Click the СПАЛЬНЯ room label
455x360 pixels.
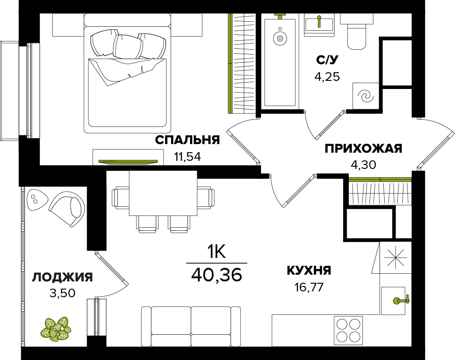[x=187, y=140]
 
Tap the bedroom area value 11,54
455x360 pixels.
[x=187, y=157]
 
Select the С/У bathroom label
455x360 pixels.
[x=327, y=60]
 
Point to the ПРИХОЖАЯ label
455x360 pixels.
[x=363, y=148]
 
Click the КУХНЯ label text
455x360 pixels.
[x=309, y=271]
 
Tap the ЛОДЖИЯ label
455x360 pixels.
[x=62, y=277]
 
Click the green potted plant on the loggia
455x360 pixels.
[x=56, y=329]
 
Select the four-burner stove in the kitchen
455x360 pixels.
[x=348, y=331]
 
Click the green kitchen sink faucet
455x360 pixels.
[x=401, y=300]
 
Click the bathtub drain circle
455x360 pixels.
[x=280, y=38]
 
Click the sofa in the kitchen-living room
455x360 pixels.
[x=191, y=326]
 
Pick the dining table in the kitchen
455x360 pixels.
[x=163, y=193]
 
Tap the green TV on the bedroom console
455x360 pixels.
[x=128, y=162]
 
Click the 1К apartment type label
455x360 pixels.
[x=216, y=252]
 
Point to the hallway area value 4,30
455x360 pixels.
[x=363, y=165]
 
